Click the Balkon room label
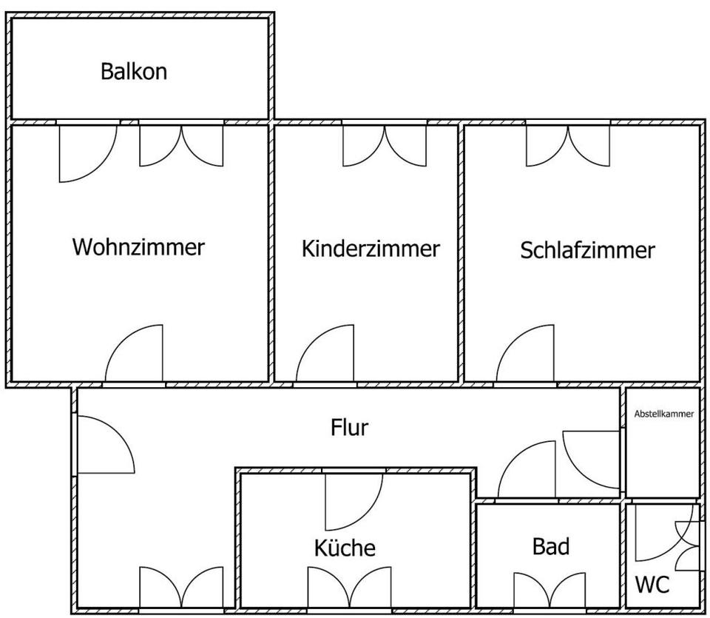(x=134, y=72)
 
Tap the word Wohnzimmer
(x=138, y=246)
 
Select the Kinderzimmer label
(x=370, y=249)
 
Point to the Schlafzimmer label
(x=587, y=250)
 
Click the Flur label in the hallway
(x=349, y=427)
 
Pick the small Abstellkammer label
(x=663, y=414)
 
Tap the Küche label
(x=345, y=548)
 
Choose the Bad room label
(x=551, y=547)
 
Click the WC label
(x=652, y=585)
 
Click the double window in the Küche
(x=349, y=588)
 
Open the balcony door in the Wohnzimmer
(x=86, y=152)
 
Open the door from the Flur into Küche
(x=353, y=500)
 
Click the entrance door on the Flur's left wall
(x=104, y=445)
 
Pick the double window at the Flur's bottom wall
(x=181, y=589)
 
